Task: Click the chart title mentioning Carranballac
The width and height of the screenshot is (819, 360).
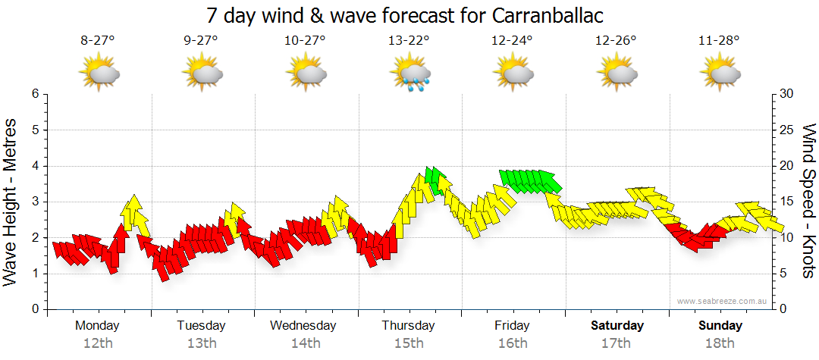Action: coord(409,16)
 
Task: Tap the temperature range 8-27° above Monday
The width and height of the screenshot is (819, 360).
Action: coord(97,42)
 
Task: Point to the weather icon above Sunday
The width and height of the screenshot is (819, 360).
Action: coord(720,74)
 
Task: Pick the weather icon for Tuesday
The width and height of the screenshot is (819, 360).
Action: coord(202,74)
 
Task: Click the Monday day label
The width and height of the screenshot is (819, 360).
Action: coord(97,326)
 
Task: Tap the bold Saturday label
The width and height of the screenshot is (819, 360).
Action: coord(617,326)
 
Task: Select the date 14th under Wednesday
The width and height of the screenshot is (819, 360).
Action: coord(304,343)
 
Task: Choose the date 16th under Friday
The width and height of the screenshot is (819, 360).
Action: coord(513,343)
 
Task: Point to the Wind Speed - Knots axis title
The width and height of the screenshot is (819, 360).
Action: coord(809,201)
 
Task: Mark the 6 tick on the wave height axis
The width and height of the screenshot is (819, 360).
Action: coord(35,94)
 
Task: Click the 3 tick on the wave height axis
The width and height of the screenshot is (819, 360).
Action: coord(35,202)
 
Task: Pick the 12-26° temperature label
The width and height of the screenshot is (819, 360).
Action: coord(615,42)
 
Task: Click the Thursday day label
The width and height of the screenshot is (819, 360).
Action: coord(408,326)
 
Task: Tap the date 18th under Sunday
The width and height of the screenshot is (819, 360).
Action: coord(720,343)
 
